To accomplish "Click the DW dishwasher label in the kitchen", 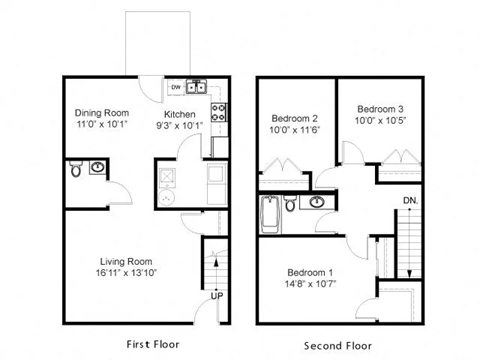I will (176, 86).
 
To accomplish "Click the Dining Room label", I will (102, 113).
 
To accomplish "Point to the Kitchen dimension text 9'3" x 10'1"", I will (179, 126).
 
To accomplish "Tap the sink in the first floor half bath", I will (98, 167).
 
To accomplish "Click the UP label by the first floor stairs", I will (216, 296).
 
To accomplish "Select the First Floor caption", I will (153, 344).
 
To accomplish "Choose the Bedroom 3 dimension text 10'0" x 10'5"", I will (380, 121).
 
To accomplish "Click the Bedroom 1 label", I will (312, 272).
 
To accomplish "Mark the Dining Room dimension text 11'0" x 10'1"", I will (102, 126).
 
